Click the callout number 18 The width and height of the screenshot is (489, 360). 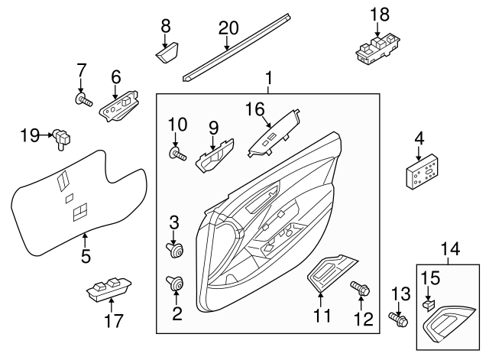coord(380,15)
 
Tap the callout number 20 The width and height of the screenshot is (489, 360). coord(228,28)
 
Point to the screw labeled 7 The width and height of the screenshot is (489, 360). coord(83,100)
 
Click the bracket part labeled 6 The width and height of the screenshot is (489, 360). coord(119,105)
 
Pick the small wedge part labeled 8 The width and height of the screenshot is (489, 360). coord(167,53)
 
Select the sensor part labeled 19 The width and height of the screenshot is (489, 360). coord(62,139)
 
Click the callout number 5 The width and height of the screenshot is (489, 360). coord(86,256)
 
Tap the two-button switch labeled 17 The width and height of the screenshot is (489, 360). coord(108,289)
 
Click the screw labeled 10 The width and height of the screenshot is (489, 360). coord(178,154)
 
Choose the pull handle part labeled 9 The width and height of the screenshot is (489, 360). coord(215,156)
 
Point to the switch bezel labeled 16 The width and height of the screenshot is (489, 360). coord(274,134)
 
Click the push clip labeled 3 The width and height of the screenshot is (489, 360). coord(174,250)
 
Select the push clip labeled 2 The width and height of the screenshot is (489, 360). coord(175,283)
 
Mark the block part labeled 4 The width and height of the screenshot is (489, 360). coord(422,171)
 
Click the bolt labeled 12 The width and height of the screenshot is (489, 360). coord(360,288)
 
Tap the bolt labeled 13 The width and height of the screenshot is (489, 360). coord(399,319)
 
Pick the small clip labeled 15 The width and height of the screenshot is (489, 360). coord(428,306)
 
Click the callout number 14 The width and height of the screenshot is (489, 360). coord(450,250)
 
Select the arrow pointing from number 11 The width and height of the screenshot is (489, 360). coord(320,300)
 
